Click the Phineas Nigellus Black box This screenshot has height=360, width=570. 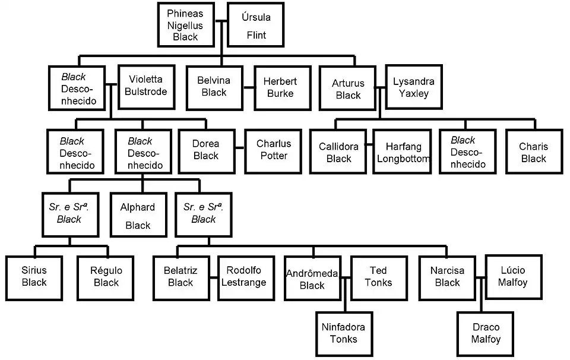click(x=185, y=25)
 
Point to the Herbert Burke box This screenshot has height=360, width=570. click(x=280, y=87)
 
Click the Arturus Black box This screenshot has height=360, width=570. click(x=348, y=89)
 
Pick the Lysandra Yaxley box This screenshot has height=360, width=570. click(x=413, y=87)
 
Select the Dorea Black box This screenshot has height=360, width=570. click(x=206, y=150)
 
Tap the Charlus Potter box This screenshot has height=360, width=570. click(x=274, y=150)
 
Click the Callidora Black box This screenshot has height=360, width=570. click(x=338, y=152)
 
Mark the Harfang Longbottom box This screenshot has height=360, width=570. click(x=403, y=152)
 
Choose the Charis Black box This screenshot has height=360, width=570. click(x=533, y=152)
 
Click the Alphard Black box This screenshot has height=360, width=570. click(x=138, y=216)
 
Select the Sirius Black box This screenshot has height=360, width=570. click(x=34, y=276)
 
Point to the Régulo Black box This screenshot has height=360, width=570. click(x=106, y=276)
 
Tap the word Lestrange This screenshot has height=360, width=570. click(x=243, y=283)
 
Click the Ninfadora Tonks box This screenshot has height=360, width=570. click(x=343, y=333)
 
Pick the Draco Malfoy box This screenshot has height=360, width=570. click(x=486, y=333)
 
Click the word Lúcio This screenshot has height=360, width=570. click(x=513, y=270)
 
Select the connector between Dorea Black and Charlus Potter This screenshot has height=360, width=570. click(x=239, y=149)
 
